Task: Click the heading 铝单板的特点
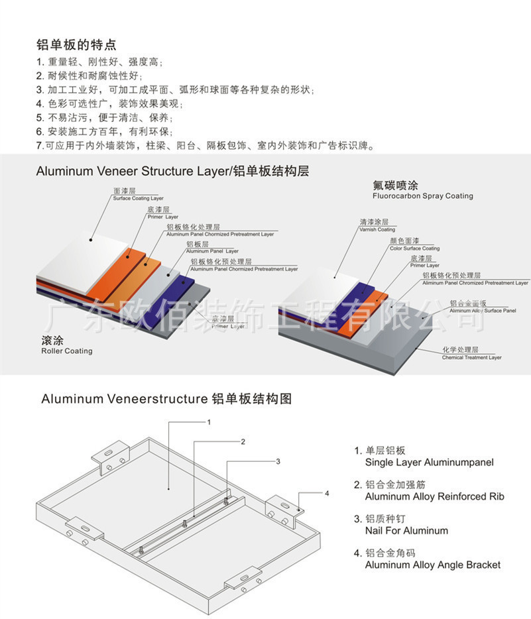pyautogui.click(x=76, y=45)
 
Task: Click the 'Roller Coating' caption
pyautogui.click(x=67, y=351)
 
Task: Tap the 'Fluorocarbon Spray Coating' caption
pyautogui.click(x=422, y=196)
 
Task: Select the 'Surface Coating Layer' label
pyautogui.click(x=138, y=198)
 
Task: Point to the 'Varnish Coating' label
pyautogui.click(x=377, y=230)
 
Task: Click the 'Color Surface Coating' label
pyautogui.click(x=415, y=249)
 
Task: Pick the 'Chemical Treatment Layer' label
pyautogui.click(x=472, y=358)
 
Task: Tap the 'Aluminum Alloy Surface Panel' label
pyautogui.click(x=483, y=310)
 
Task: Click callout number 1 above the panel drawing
pyautogui.click(x=209, y=422)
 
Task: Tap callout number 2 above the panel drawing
pyautogui.click(x=243, y=441)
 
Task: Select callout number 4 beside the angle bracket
pyautogui.click(x=326, y=493)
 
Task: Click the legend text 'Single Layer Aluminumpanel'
pyautogui.click(x=429, y=463)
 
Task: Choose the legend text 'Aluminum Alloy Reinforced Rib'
pyautogui.click(x=435, y=496)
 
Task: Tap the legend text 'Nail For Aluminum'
pyautogui.click(x=406, y=530)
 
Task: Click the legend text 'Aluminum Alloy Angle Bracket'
pyautogui.click(x=432, y=565)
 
